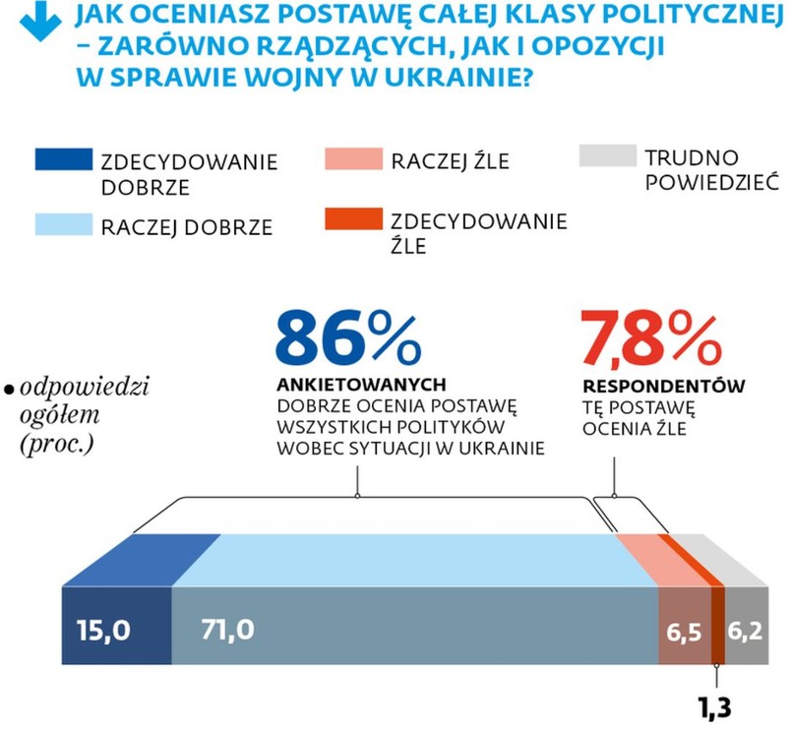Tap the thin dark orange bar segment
tap(717, 625)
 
